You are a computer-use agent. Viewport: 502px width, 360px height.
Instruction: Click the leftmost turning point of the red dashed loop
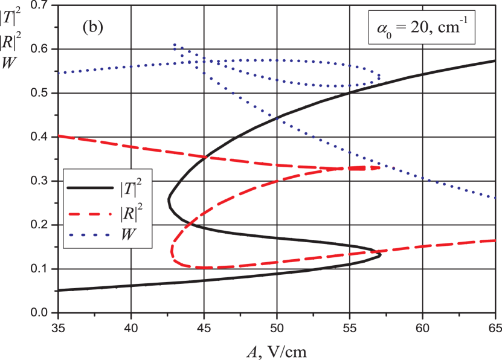point(172,248)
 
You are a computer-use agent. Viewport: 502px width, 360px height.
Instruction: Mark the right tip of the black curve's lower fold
point(381,254)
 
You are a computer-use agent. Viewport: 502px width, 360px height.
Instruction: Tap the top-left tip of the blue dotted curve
point(174,45)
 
